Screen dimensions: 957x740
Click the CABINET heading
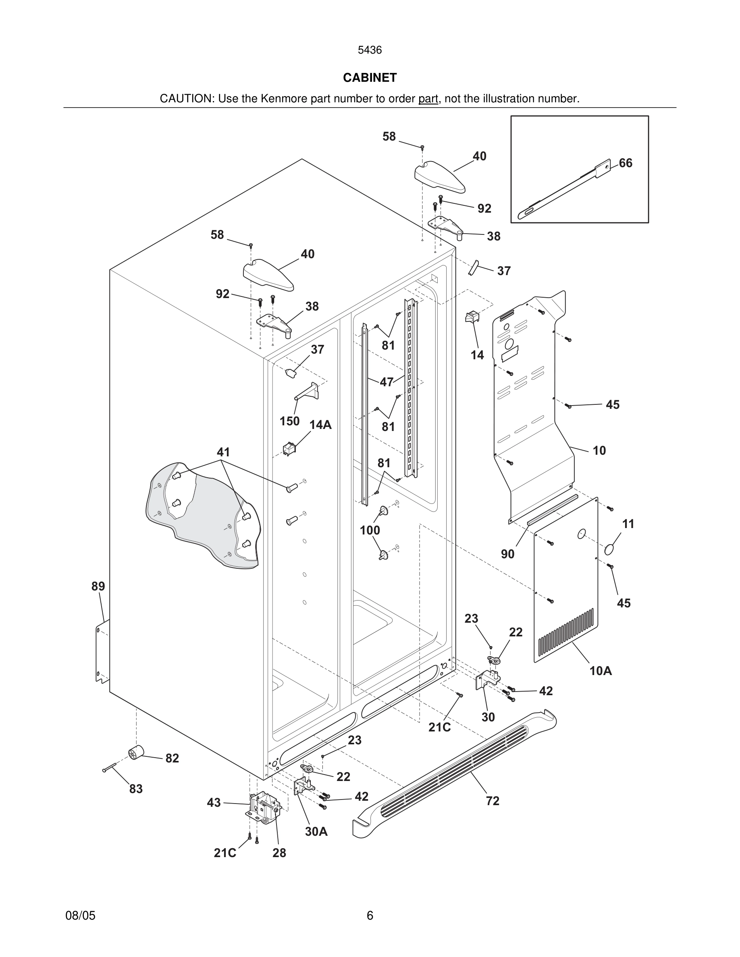tap(370, 78)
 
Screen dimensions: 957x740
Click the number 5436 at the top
tap(370, 50)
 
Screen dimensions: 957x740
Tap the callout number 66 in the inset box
tap(625, 163)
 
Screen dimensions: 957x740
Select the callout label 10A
tap(600, 671)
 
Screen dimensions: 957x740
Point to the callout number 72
tap(492, 801)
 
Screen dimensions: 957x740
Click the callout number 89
tap(98, 586)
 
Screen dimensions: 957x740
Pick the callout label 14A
tap(320, 425)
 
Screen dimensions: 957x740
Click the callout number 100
tap(370, 530)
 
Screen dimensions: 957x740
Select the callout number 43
tap(214, 803)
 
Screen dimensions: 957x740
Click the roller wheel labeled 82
tap(136, 753)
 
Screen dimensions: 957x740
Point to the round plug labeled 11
tap(609, 549)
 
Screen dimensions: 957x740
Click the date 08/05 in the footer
tap(80, 916)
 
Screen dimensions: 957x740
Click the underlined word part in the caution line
tap(428, 99)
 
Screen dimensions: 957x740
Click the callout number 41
tap(223, 452)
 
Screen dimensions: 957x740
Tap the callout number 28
tap(279, 853)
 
